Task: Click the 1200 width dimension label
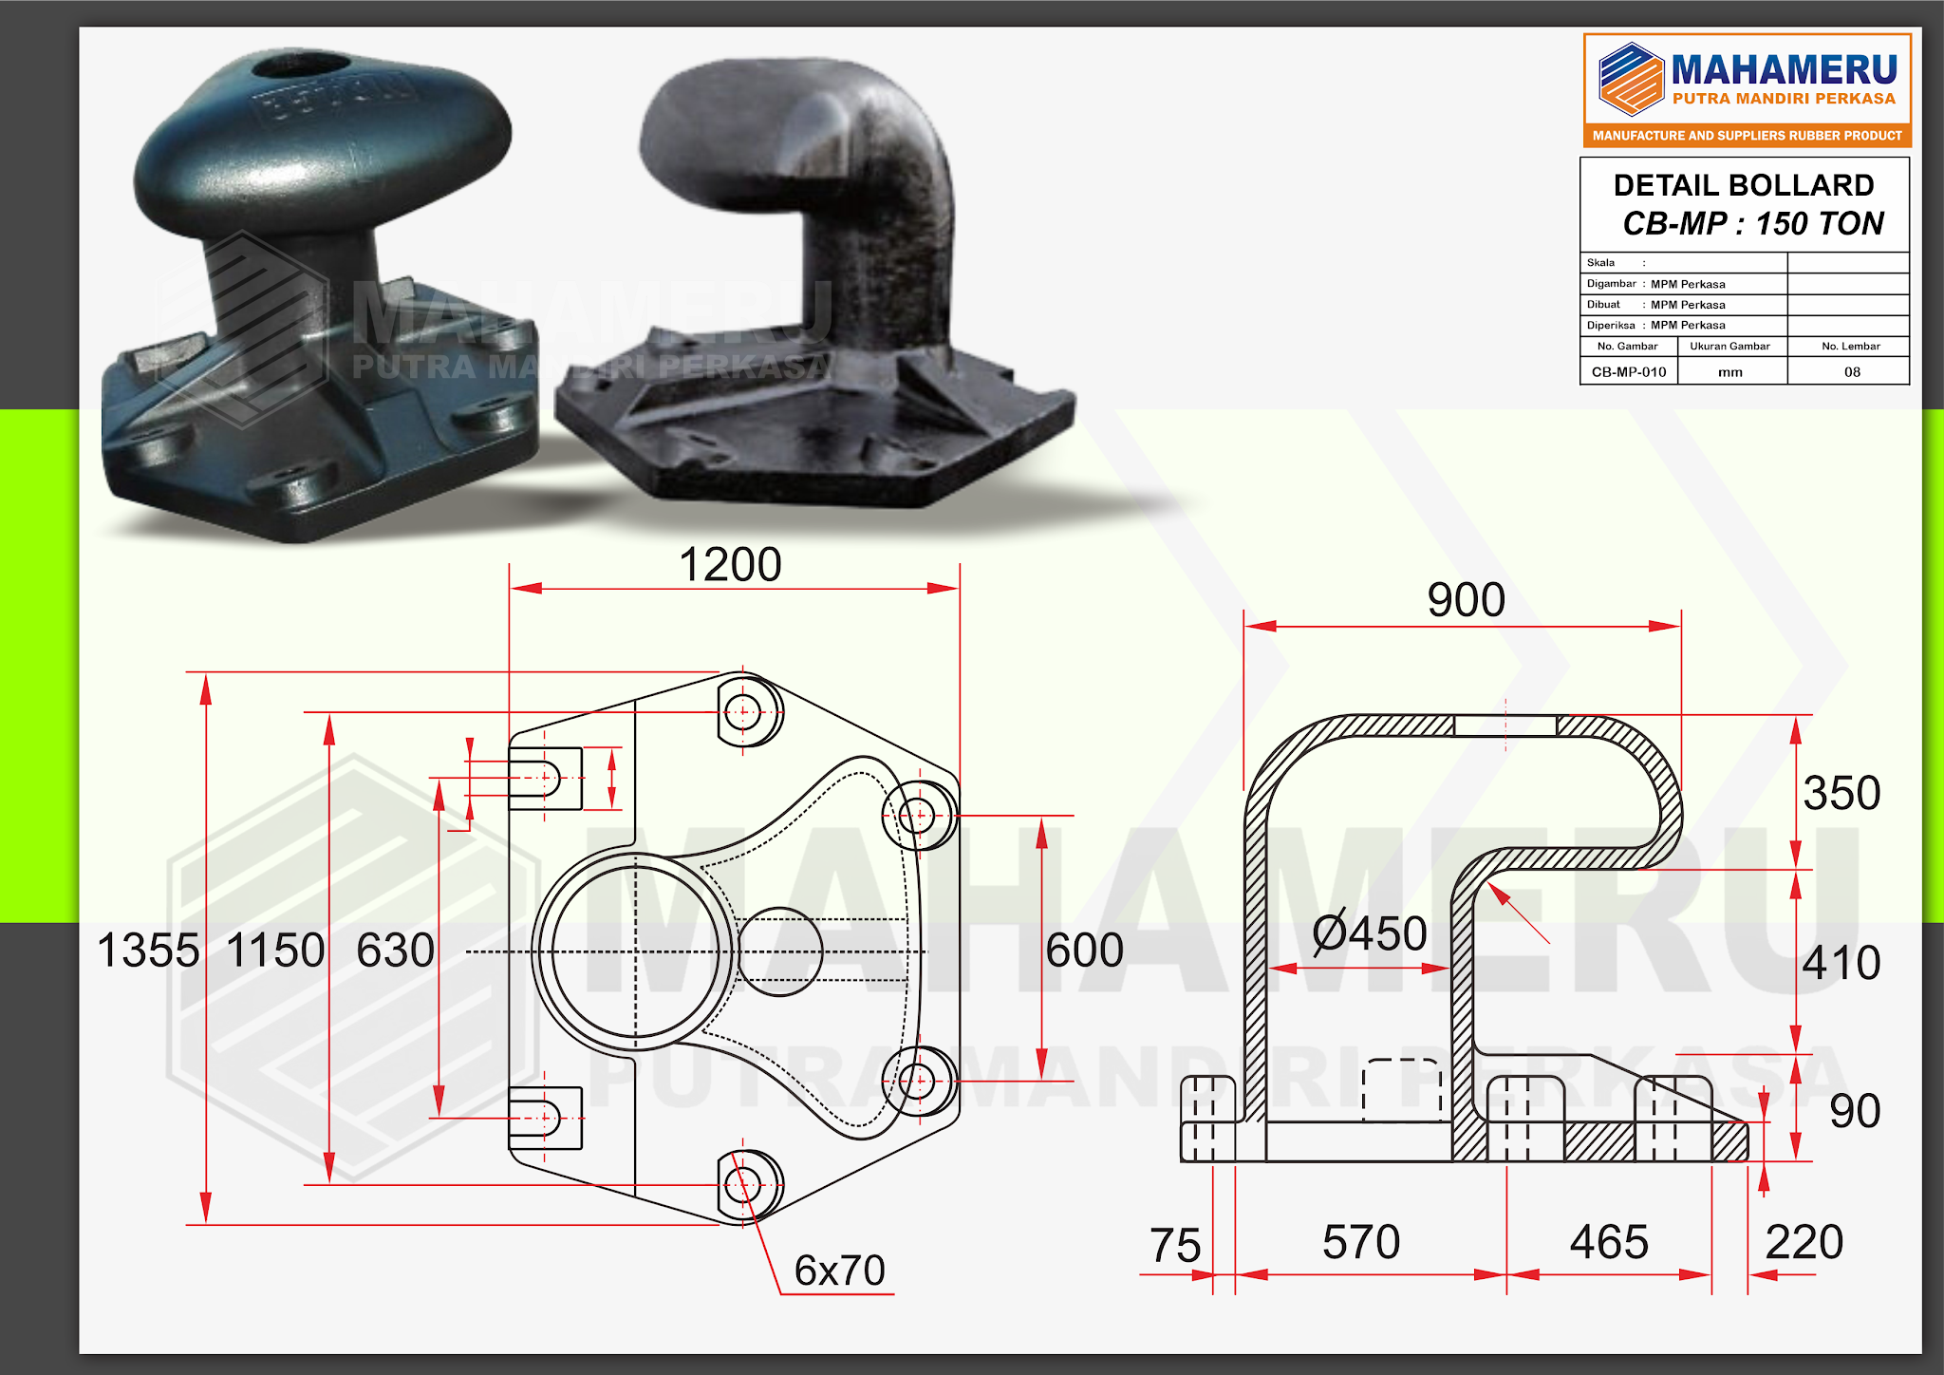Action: (x=730, y=565)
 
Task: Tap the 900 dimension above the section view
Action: (x=1466, y=600)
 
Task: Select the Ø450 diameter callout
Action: (x=1369, y=933)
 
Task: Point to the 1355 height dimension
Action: (x=148, y=951)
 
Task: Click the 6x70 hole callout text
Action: (x=839, y=1271)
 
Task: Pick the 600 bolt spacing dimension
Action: (x=1084, y=951)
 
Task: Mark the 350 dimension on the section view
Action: (x=1841, y=793)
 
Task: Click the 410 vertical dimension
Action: (x=1841, y=963)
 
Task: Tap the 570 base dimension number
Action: (x=1361, y=1242)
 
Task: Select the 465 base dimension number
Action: (x=1609, y=1242)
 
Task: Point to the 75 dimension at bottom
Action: (x=1175, y=1246)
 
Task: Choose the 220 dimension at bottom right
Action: (x=1804, y=1242)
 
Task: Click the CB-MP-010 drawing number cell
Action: (x=1629, y=372)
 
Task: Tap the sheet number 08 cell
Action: (x=1852, y=372)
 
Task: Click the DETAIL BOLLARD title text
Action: (x=1744, y=185)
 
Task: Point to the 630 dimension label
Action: (x=395, y=951)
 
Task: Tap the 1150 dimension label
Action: (x=275, y=951)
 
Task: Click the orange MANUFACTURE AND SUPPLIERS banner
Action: (x=1747, y=136)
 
